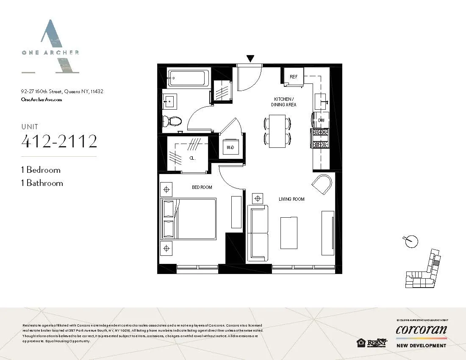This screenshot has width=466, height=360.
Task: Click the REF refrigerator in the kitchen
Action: tap(293, 77)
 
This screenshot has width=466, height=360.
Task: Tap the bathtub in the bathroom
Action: tap(187, 78)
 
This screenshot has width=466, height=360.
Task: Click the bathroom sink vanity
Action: tap(171, 102)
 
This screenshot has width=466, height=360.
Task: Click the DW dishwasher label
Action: tap(321, 121)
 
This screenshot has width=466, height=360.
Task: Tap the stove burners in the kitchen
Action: tap(320, 138)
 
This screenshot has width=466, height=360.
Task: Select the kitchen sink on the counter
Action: tap(321, 102)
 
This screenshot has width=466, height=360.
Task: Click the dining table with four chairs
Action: tap(277, 131)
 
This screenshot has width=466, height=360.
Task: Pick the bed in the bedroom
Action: tap(189, 219)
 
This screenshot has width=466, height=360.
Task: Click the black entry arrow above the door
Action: tap(250, 58)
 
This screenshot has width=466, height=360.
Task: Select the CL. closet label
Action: tap(192, 157)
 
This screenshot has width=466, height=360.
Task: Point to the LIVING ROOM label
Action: tap(291, 199)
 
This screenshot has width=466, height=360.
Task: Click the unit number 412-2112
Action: tap(59, 141)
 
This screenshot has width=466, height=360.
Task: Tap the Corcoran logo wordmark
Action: tap(421, 330)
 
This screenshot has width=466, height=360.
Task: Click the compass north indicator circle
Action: tap(411, 241)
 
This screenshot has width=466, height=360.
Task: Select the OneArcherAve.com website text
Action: tap(42, 100)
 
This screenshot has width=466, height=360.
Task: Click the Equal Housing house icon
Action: tap(361, 343)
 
